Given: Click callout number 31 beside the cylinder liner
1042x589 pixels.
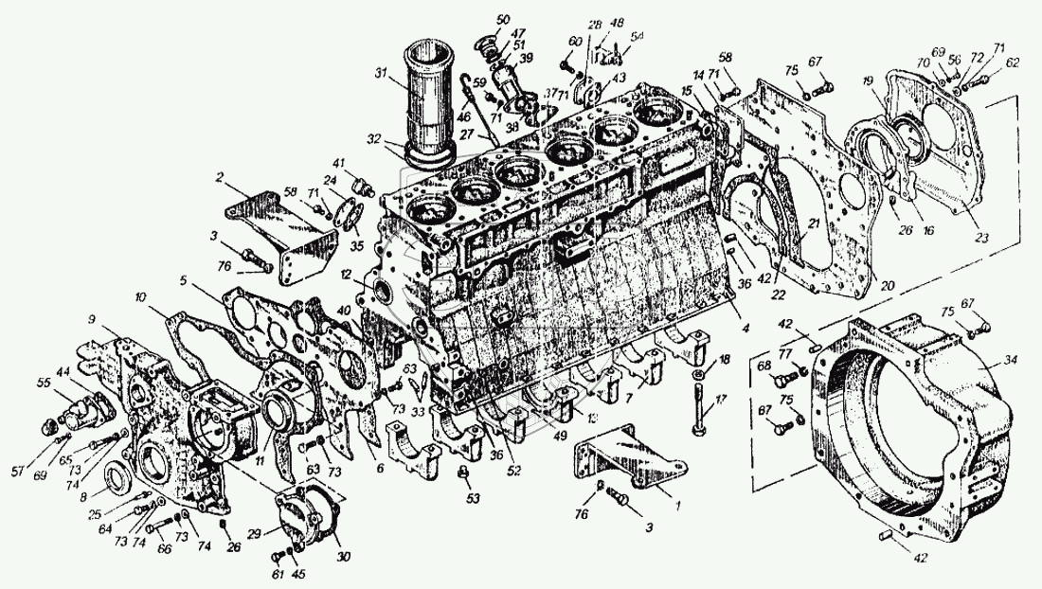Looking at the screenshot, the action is pyautogui.click(x=381, y=74).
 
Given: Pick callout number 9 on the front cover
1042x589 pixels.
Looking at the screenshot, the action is pyautogui.click(x=92, y=319).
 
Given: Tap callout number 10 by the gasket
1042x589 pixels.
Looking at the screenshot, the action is pyautogui.click(x=140, y=296).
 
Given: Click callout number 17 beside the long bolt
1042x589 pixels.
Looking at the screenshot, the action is pyautogui.click(x=723, y=400).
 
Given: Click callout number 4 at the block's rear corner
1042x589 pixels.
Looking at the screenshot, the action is pyautogui.click(x=746, y=329).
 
